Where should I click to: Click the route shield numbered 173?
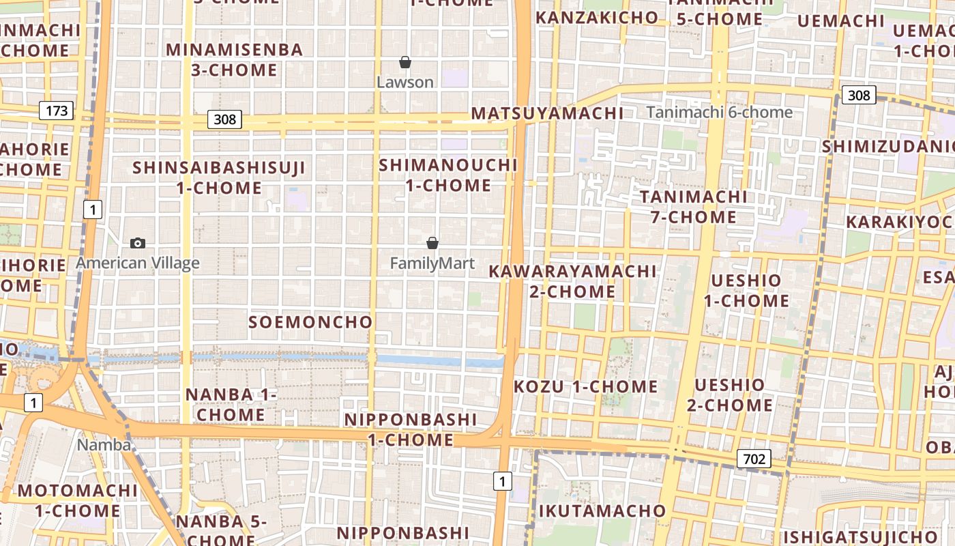click(56, 110)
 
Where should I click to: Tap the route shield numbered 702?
click(754, 459)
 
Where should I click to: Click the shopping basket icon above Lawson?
click(405, 63)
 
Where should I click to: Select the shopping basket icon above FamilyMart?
click(432, 243)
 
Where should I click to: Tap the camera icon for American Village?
click(138, 243)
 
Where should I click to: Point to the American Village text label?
click(138, 263)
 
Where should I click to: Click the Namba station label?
click(104, 445)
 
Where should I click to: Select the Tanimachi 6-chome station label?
click(719, 112)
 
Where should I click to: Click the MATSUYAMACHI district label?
click(548, 113)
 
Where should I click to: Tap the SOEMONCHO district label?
click(310, 322)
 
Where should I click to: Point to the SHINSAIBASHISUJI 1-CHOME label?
click(219, 177)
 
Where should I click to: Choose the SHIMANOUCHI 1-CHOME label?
click(448, 175)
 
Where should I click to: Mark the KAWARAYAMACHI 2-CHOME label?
click(572, 281)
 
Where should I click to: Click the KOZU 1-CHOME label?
click(585, 387)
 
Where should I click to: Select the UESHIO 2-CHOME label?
click(729, 395)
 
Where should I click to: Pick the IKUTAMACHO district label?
click(602, 511)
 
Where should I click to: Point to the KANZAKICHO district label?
click(598, 18)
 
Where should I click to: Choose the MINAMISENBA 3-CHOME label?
click(234, 59)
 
